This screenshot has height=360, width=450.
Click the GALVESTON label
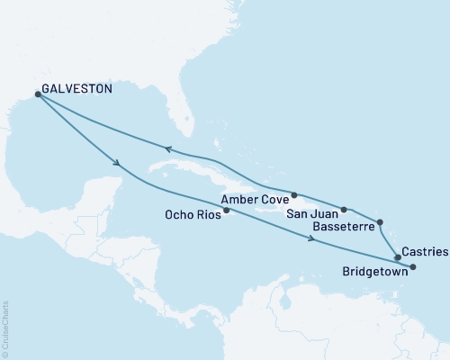(76, 89)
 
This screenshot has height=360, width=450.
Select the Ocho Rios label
(193, 214)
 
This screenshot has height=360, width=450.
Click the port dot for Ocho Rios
(227, 211)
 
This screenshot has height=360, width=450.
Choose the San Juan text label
(312, 214)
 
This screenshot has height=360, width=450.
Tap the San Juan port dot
(344, 209)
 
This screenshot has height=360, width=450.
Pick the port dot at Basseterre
(380, 221)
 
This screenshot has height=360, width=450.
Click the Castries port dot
(397, 257)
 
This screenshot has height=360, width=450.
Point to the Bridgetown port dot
(413, 267)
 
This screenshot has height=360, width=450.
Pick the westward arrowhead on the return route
(167, 150)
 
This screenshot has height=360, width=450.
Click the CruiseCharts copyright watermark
(5, 328)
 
